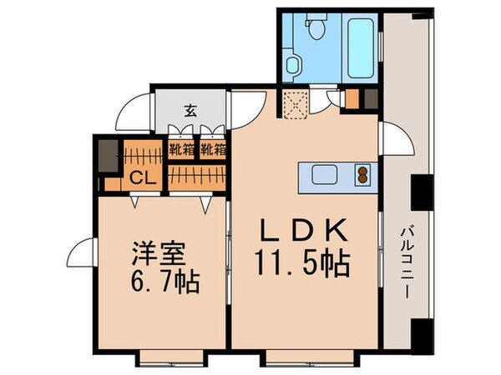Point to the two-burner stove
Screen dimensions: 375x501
[363, 175]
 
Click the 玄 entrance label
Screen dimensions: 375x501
[190, 109]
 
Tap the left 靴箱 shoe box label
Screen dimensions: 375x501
[179, 150]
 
